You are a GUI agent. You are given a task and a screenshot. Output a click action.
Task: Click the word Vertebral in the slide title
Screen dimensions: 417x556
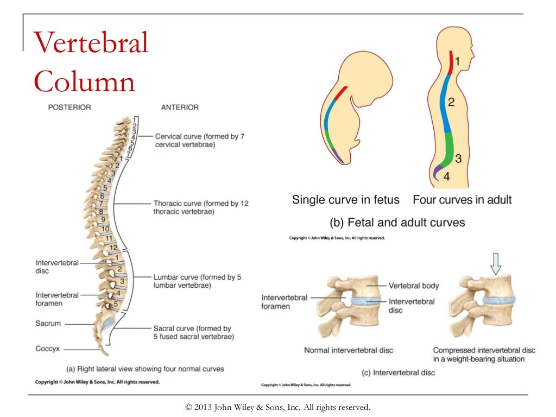91,43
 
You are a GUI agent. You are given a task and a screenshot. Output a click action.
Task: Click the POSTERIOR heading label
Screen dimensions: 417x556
69,108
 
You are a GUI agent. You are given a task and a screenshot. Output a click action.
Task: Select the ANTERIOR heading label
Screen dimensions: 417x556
180,108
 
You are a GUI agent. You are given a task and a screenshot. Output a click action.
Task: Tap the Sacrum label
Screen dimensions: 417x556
48,324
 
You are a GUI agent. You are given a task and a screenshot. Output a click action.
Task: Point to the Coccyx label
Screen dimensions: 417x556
47,349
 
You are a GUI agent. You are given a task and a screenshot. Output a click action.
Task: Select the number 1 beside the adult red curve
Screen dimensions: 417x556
457,62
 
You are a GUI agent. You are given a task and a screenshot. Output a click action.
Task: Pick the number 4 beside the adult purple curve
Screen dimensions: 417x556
446,176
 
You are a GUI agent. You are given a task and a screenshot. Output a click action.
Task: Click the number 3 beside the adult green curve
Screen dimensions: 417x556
458,159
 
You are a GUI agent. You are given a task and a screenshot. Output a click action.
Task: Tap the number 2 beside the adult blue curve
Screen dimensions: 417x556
451,102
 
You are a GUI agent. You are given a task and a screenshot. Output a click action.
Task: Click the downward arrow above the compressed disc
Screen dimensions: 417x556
496,263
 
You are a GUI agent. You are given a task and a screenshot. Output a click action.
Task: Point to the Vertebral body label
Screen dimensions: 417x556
414,286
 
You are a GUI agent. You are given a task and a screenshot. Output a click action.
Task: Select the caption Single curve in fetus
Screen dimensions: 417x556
346,200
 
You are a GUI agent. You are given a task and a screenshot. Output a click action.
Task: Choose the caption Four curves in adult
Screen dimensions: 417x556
462,200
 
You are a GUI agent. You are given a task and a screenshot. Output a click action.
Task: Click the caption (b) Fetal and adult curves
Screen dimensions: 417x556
397,223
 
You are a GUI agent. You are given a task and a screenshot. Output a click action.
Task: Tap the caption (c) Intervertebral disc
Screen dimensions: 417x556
399,372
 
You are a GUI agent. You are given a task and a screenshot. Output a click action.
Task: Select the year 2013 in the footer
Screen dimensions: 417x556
204,407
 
